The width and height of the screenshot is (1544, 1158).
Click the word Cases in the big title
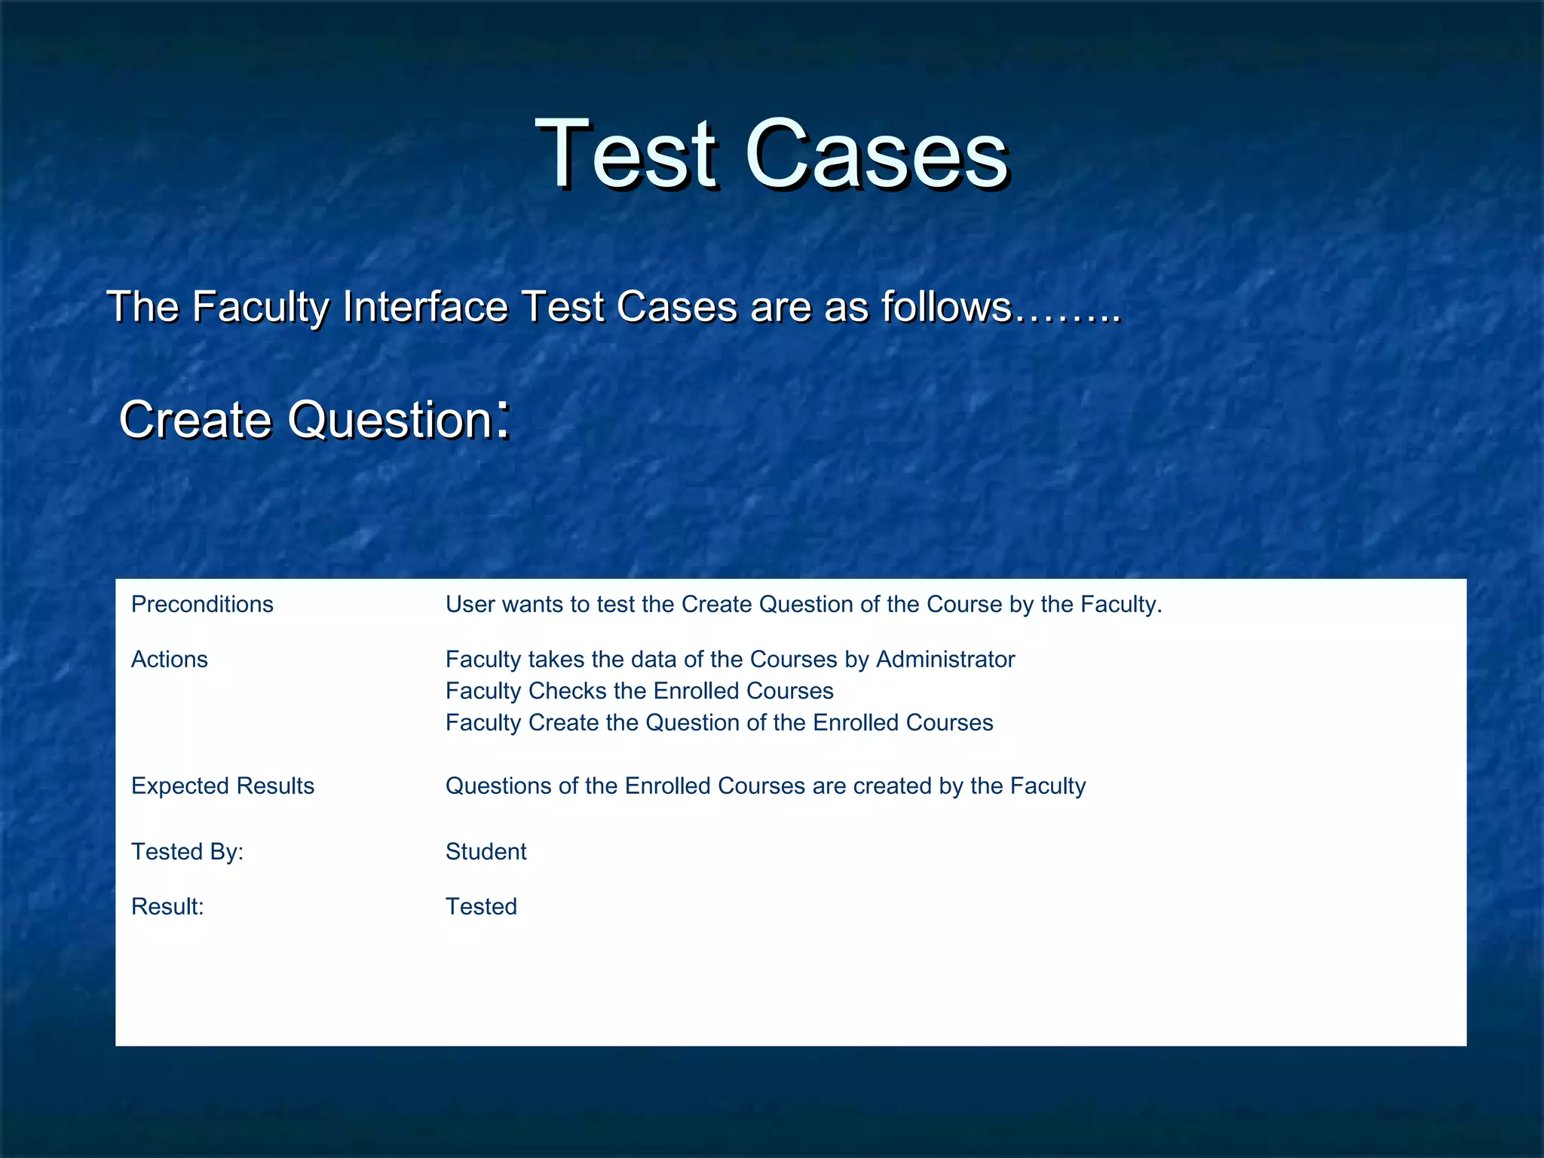[x=877, y=155]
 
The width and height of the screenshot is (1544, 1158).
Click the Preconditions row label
[x=202, y=605]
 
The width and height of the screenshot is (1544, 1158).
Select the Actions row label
[x=170, y=660]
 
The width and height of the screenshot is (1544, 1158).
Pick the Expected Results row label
[x=222, y=786]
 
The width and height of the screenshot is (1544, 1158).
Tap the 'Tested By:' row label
[x=187, y=852]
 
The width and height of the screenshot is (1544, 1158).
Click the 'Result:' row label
[x=167, y=907]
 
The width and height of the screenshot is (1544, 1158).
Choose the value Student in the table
[x=486, y=852]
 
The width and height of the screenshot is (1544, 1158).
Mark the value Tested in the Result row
[x=481, y=907]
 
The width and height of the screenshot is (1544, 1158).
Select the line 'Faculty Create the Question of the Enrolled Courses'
[x=718, y=723]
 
